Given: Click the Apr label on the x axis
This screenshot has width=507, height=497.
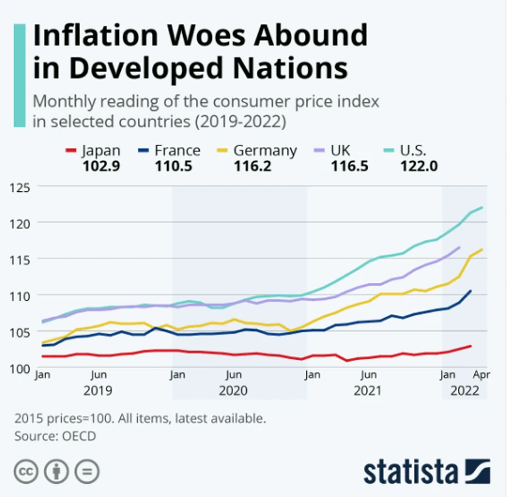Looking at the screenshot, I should pyautogui.click(x=482, y=375).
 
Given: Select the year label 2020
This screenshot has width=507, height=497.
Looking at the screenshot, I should pyautogui.click(x=233, y=391).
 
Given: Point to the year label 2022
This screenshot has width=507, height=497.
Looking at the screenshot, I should pyautogui.click(x=464, y=391).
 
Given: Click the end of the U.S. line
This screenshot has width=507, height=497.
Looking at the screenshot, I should pyautogui.click(x=482, y=208).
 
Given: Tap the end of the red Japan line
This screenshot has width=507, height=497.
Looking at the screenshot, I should pyautogui.click(x=470, y=345).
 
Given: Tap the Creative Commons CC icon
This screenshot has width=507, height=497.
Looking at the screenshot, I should pyautogui.click(x=27, y=472).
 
